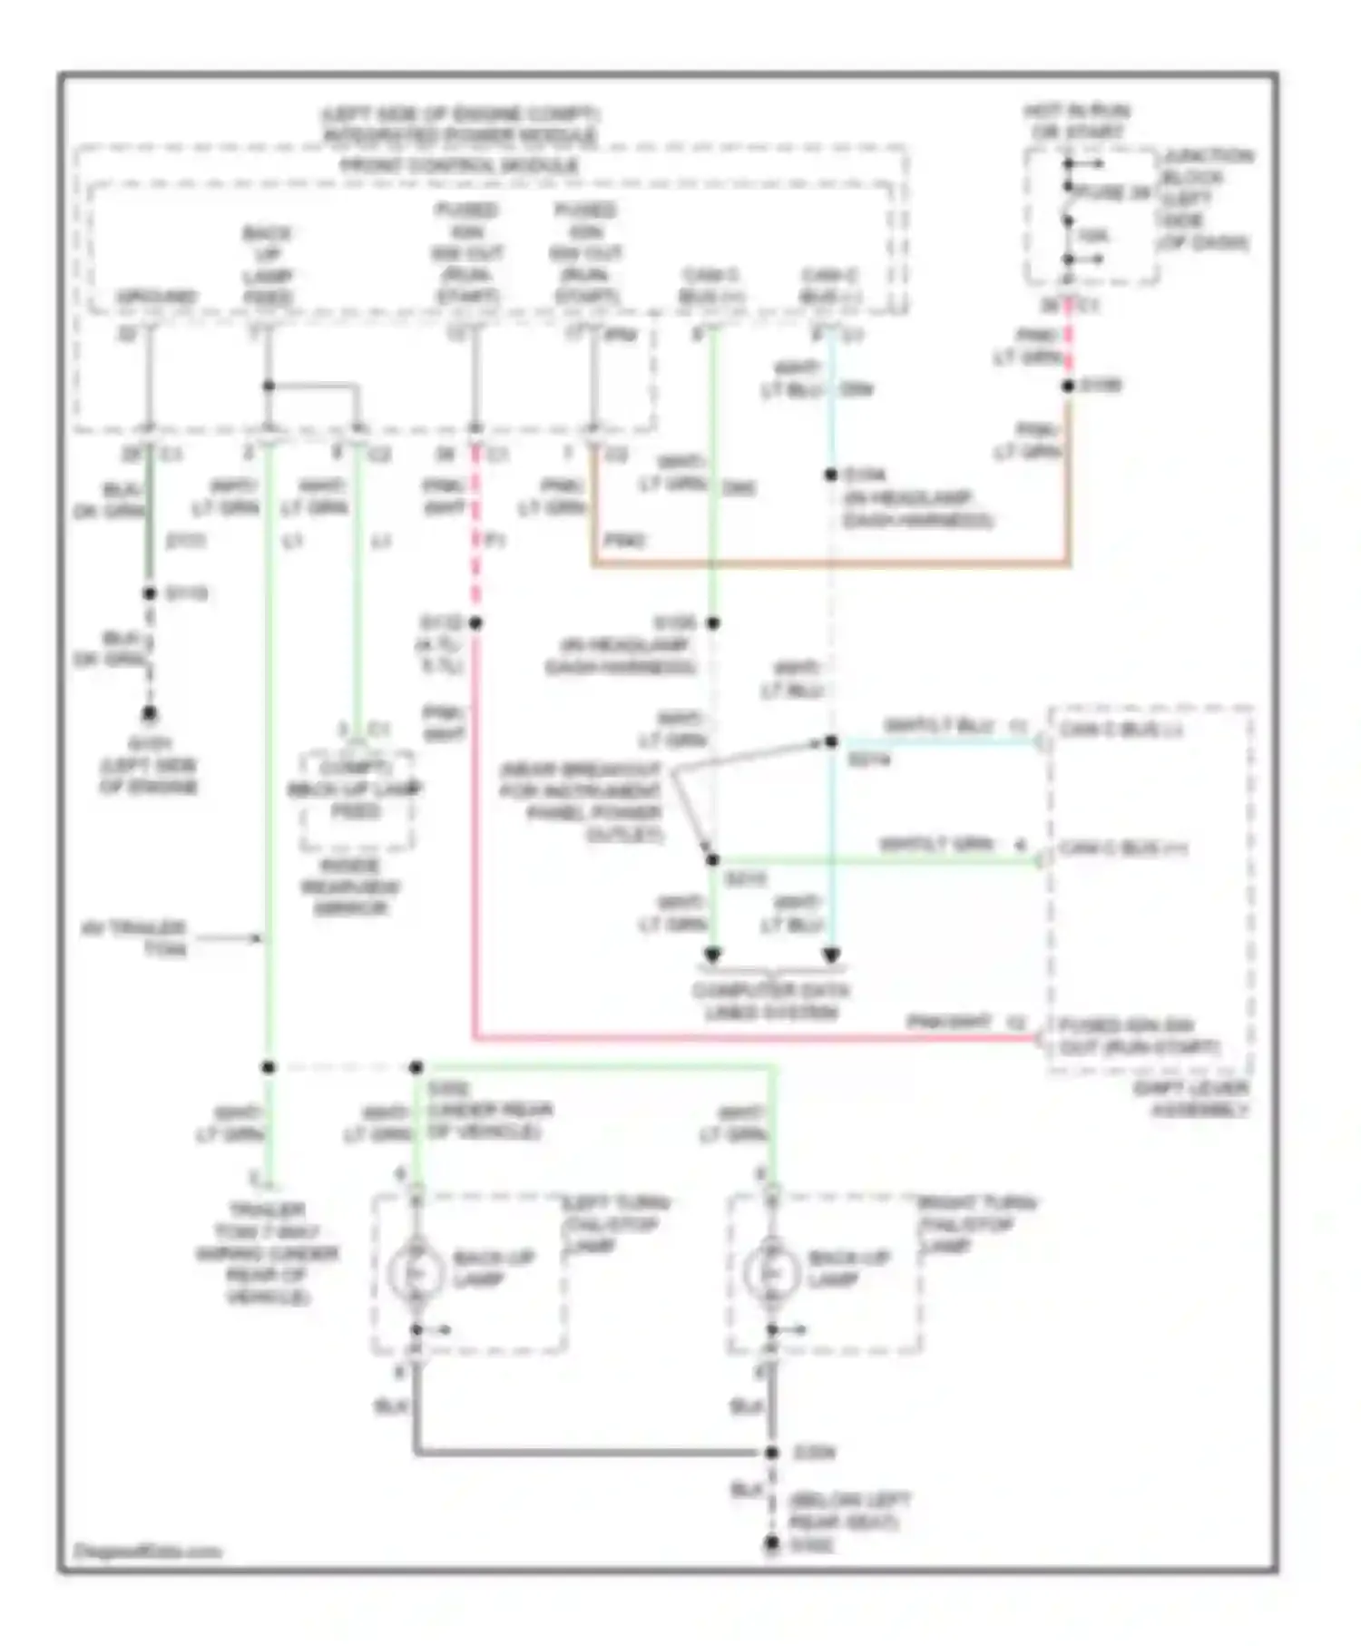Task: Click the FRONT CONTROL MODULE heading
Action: point(459,166)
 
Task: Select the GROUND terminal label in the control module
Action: point(156,297)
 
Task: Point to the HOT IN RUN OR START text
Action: point(1077,122)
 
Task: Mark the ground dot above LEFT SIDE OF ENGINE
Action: point(150,714)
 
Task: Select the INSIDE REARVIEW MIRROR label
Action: point(350,887)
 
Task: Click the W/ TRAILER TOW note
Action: point(136,938)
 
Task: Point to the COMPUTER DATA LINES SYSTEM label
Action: point(770,1001)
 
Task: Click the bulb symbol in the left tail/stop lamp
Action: point(416,1273)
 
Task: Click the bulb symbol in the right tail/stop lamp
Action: point(771,1273)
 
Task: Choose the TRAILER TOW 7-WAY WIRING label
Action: point(267,1253)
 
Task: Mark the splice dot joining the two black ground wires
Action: point(772,1453)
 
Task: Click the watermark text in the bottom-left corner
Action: point(147,1551)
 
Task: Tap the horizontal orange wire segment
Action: point(830,563)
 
